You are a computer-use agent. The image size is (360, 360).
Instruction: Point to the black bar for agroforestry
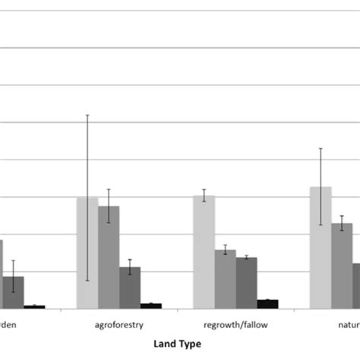[151, 305]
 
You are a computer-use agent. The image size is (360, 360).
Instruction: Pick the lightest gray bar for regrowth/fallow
[204, 251]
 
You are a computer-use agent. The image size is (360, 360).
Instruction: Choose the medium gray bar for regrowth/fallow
[225, 279]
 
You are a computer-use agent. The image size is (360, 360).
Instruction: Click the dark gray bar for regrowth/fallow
[246, 283]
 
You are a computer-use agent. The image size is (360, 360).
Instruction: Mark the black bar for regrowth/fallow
[267, 304]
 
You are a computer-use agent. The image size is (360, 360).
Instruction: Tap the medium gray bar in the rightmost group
[342, 266]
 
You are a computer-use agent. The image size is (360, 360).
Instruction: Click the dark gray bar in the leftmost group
[14, 292]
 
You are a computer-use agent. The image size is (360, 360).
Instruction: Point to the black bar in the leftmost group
[34, 307]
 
